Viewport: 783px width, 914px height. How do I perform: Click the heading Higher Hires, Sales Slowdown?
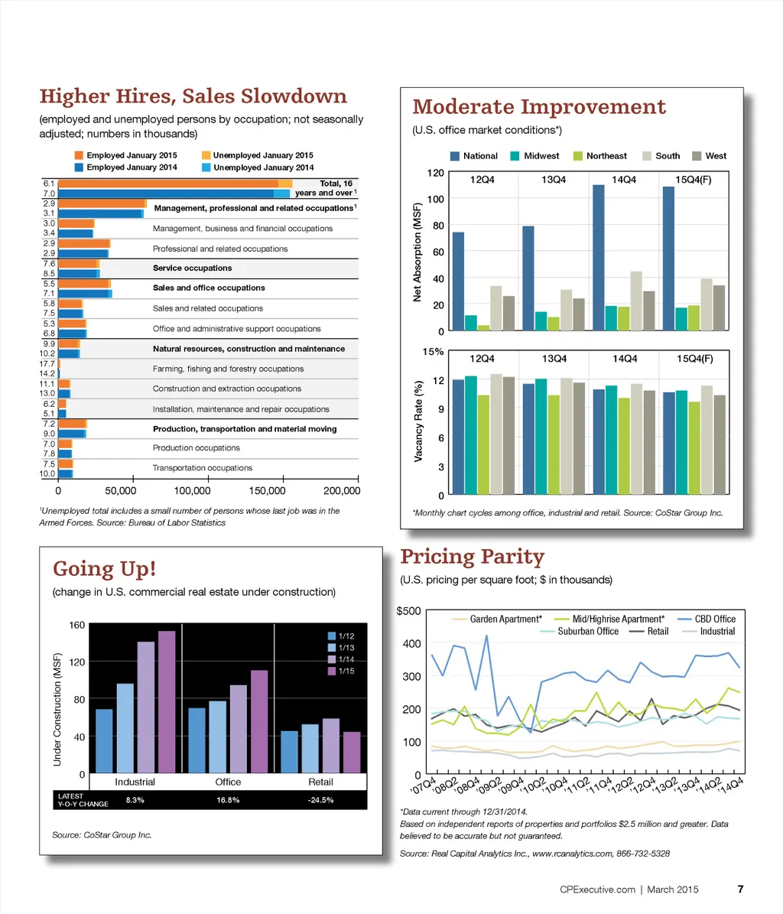pos(193,97)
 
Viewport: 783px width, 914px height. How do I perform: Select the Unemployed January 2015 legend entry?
pos(263,155)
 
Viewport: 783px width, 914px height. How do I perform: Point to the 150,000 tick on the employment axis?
pos(268,490)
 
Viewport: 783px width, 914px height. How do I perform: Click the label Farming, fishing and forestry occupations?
pos(228,369)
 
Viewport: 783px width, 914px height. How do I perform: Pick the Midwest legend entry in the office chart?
pos(541,156)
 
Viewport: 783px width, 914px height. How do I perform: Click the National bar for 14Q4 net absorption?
pos(599,257)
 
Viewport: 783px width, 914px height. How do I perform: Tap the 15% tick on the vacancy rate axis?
pos(434,352)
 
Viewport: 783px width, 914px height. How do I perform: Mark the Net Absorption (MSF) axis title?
pos(418,252)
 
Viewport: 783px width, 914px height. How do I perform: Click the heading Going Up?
pos(105,569)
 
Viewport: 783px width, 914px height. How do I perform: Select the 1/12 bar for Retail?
pos(290,752)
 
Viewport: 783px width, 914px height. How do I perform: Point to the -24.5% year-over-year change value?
pos(320,800)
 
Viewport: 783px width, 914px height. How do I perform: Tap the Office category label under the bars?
pos(228,782)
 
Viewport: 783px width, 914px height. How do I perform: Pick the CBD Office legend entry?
pos(715,619)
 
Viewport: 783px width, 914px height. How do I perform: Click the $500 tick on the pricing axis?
pos(408,610)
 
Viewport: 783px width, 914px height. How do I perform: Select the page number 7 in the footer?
pos(740,890)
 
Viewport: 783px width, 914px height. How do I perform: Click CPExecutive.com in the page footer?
pos(598,890)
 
